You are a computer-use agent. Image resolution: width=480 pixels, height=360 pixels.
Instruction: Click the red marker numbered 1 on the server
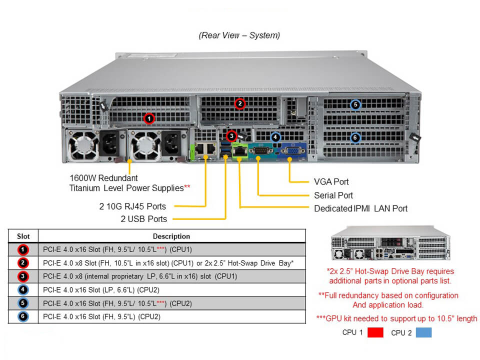(148, 118)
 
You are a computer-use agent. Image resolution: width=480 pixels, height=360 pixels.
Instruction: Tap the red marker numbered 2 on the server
(240, 103)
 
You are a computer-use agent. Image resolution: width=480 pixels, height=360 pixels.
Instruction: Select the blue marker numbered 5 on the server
(355, 104)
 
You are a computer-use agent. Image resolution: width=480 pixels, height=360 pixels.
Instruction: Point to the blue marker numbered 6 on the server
(355, 137)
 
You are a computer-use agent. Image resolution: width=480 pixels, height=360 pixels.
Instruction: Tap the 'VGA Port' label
(331, 182)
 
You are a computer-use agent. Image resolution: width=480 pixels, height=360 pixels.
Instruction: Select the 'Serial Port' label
(333, 195)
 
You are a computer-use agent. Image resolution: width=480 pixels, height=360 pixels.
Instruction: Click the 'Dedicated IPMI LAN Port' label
(360, 208)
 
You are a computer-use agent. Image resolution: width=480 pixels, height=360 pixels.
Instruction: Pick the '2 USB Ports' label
(143, 219)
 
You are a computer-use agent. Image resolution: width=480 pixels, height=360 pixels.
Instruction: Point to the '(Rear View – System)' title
(239, 35)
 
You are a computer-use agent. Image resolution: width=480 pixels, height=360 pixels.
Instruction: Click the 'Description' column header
(171, 236)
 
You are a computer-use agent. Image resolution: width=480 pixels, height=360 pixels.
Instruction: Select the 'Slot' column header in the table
(23, 236)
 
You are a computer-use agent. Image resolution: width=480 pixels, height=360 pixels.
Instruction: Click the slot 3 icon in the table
(23, 276)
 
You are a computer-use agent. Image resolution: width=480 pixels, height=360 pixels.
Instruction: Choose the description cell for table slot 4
(171, 290)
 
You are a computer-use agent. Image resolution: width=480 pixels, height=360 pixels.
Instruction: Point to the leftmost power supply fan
(80, 145)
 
